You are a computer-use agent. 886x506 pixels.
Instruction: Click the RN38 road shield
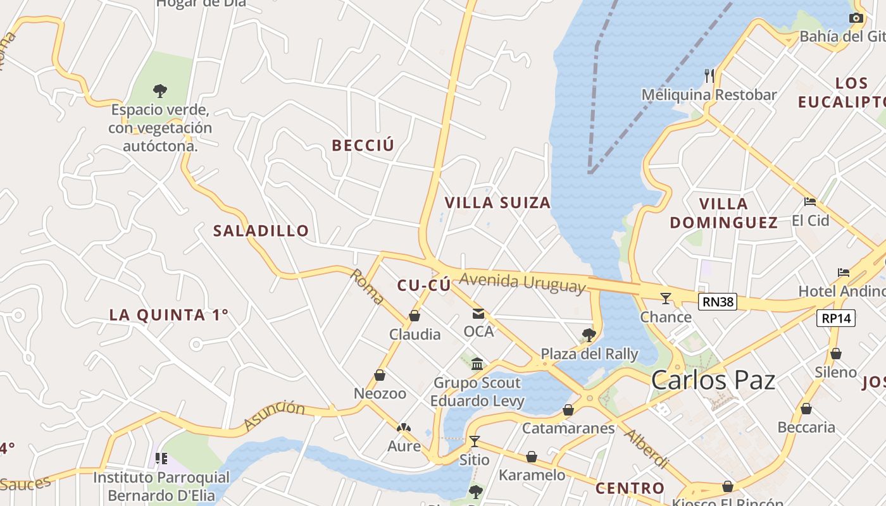(x=718, y=302)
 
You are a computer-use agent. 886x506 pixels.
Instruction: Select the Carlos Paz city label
(x=713, y=380)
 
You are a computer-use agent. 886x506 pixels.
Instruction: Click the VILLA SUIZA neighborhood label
(x=497, y=203)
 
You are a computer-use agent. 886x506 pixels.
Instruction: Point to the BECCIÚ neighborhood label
(x=363, y=145)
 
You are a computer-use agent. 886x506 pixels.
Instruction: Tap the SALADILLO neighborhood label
(x=261, y=231)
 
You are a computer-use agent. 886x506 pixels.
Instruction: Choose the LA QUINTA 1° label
(x=169, y=315)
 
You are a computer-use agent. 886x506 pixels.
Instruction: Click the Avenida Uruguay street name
(x=523, y=282)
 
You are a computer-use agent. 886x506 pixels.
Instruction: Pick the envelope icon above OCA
(x=478, y=314)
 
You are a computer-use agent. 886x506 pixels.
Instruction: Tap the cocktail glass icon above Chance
(x=666, y=299)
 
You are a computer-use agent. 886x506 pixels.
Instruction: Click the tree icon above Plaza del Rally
(x=589, y=335)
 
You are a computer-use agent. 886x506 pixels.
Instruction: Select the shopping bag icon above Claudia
(x=415, y=316)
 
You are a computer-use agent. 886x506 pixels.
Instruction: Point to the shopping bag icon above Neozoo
(x=380, y=375)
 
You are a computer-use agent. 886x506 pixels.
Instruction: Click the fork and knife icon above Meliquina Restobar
(x=709, y=76)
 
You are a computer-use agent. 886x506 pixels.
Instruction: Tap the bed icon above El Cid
(x=810, y=202)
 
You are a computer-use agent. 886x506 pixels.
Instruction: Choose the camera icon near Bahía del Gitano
(x=856, y=18)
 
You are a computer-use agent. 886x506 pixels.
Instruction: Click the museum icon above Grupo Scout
(x=478, y=364)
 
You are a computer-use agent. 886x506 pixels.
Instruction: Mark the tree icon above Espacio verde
(x=160, y=91)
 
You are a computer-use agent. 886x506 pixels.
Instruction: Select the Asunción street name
(x=274, y=415)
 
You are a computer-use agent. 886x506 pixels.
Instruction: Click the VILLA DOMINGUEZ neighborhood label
(x=724, y=213)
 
